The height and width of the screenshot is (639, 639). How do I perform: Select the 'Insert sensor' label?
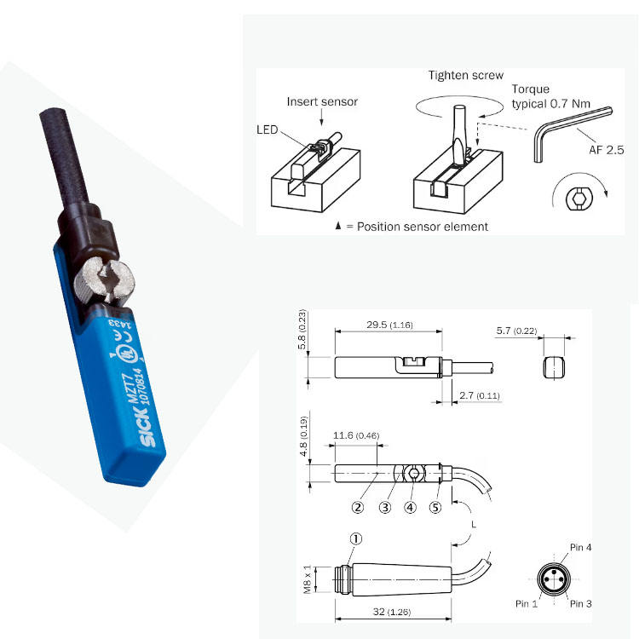(322, 102)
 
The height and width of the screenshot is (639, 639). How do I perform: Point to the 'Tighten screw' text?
(465, 76)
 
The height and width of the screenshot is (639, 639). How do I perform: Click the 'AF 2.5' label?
(607, 150)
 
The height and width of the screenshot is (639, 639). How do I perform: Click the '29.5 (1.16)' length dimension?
(387, 325)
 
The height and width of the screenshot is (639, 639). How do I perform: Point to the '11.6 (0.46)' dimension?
(356, 435)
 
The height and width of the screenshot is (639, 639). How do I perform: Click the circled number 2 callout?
(359, 508)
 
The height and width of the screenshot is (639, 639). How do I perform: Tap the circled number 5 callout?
(435, 508)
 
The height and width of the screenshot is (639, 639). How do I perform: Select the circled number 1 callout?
(357, 538)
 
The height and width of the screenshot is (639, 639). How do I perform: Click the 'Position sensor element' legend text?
(415, 227)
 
